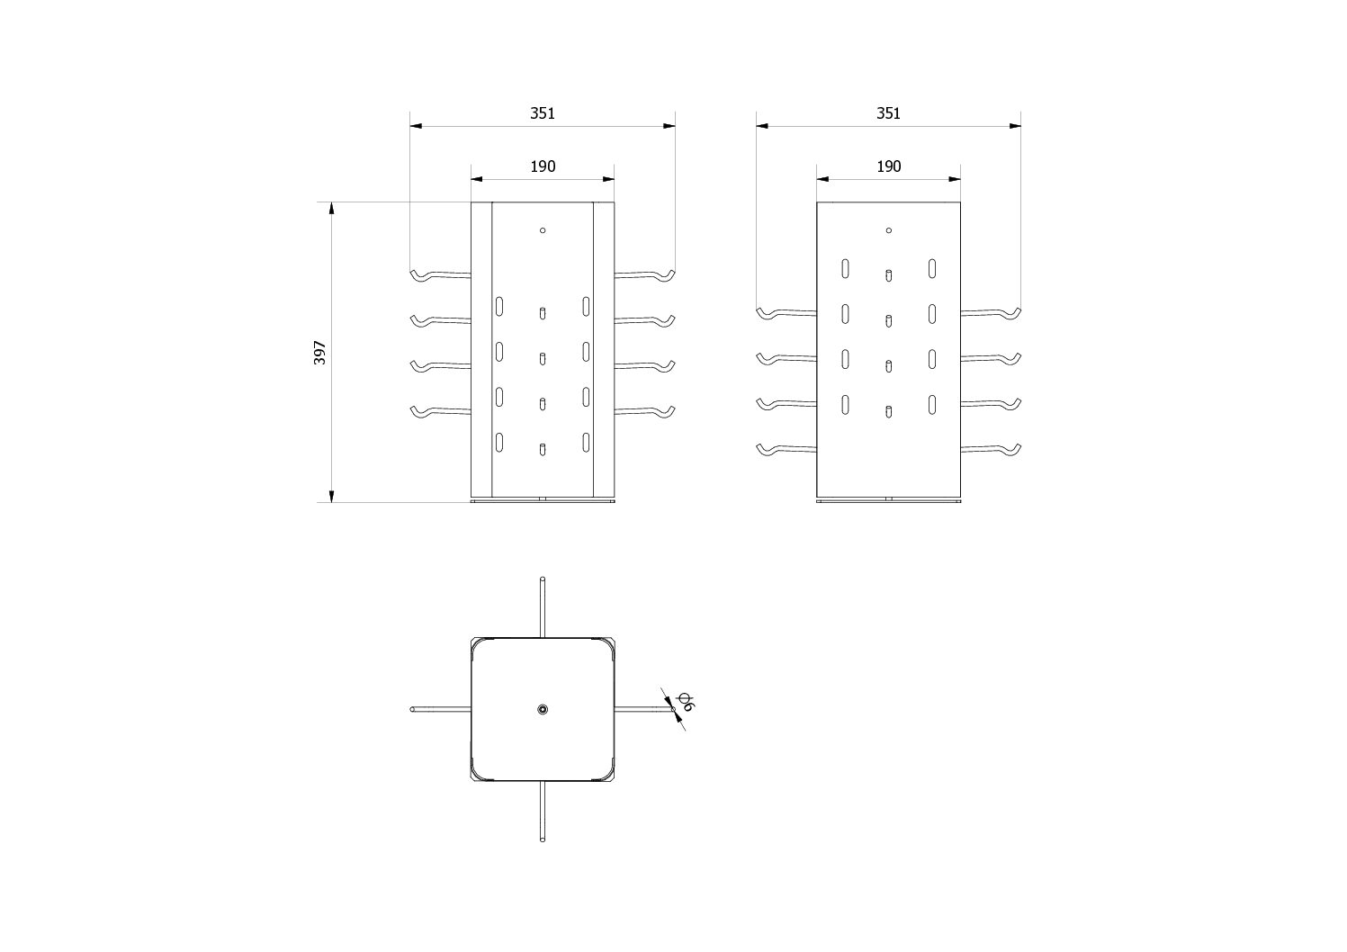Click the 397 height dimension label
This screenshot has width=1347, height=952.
[319, 352]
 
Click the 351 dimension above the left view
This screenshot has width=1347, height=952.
[542, 113]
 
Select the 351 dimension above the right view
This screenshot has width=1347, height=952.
[888, 113]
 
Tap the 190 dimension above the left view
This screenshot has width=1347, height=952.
[543, 166]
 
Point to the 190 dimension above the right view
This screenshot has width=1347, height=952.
[888, 166]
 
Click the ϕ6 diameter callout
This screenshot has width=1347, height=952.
[685, 702]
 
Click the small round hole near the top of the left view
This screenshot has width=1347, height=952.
[543, 230]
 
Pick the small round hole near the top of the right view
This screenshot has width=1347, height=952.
[888, 230]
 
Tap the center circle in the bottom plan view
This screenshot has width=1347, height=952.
[543, 710]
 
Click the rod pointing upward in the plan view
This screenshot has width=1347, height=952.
[543, 607]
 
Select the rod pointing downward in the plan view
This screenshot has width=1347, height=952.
[543, 812]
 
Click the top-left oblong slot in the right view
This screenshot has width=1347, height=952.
[846, 268]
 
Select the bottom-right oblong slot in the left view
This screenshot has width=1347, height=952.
[586, 442]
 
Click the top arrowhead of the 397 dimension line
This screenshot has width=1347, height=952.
[331, 209]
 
